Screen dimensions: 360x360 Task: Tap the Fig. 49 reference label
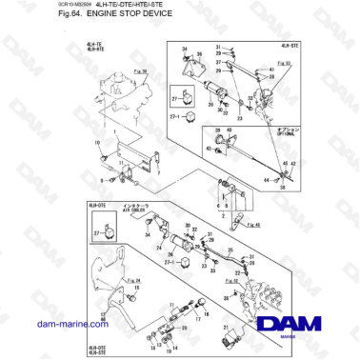251,225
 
